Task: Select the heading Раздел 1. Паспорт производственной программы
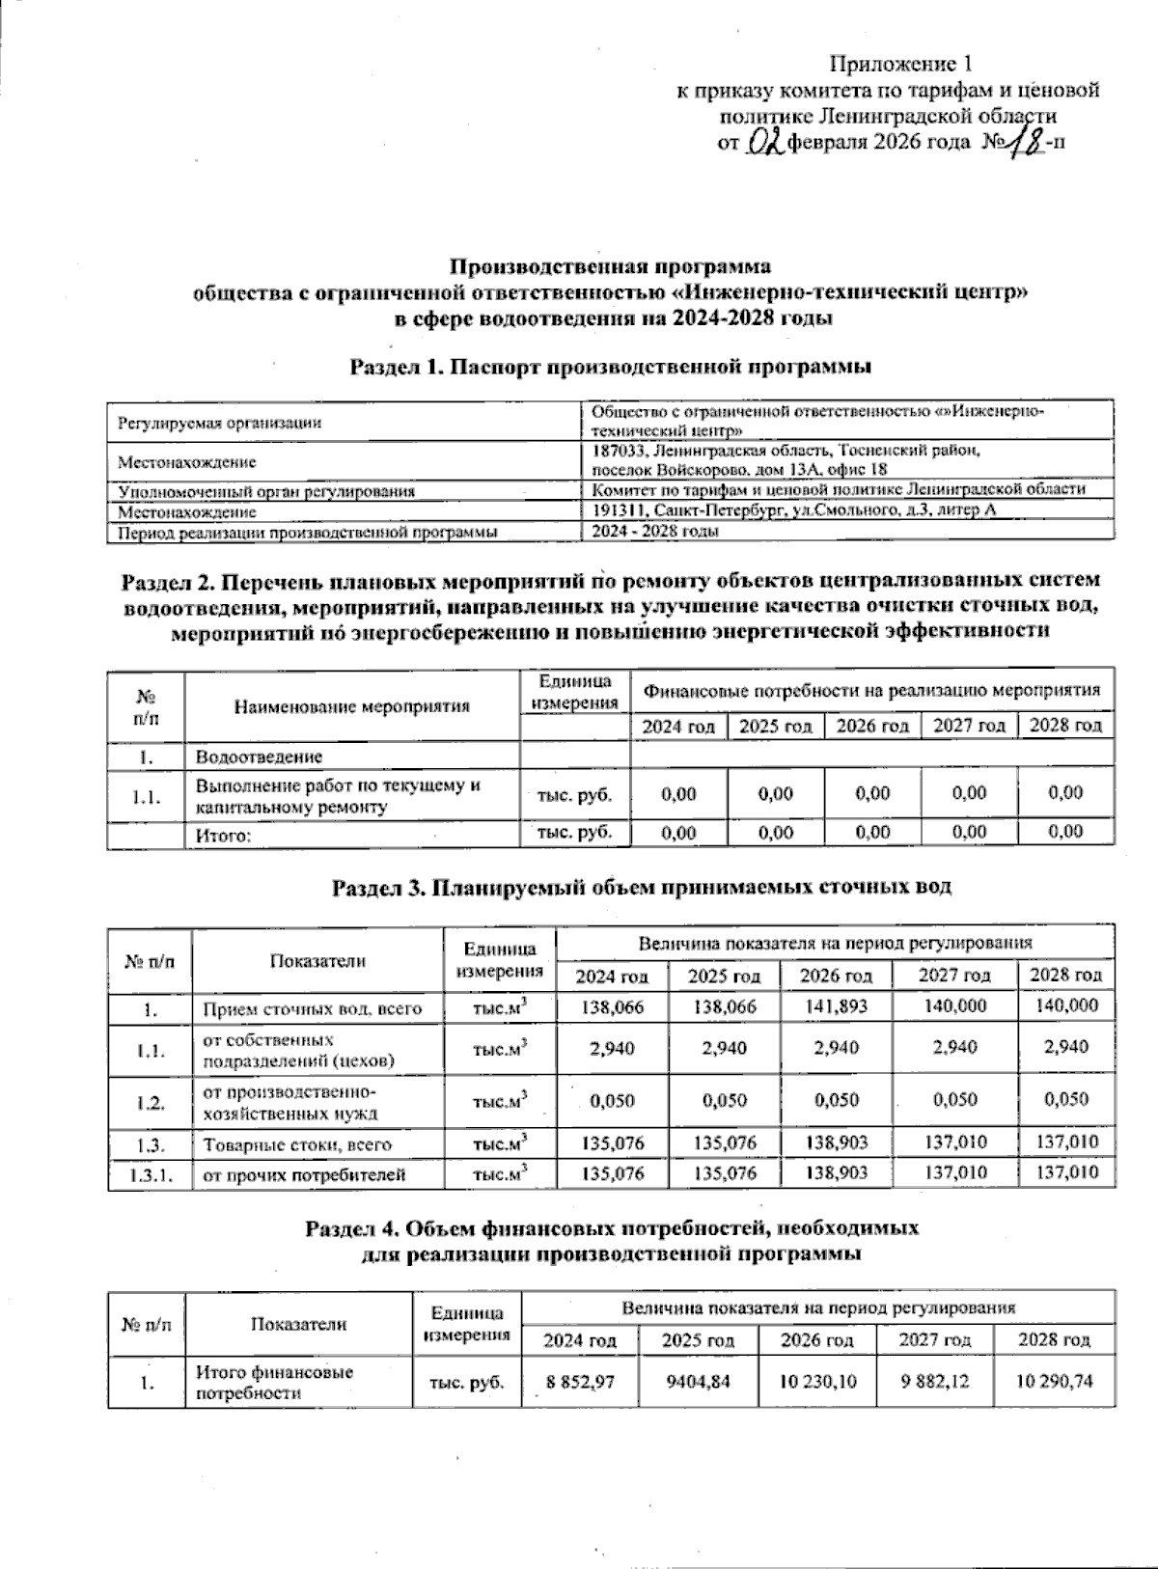(x=611, y=367)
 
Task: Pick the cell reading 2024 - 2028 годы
(x=654, y=532)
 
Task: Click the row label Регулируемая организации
(x=219, y=423)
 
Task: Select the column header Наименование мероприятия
(x=351, y=705)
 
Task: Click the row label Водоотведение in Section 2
(x=259, y=757)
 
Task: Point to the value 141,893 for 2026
(x=835, y=1005)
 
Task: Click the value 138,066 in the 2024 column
(x=614, y=1005)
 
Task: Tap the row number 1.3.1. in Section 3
(x=149, y=1174)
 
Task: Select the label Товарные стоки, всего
(x=297, y=1144)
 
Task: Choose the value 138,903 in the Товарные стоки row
(x=835, y=1142)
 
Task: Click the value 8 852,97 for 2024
(x=580, y=1381)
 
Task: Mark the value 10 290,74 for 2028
(x=1055, y=1381)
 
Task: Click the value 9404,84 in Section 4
(x=698, y=1381)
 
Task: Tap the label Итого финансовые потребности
(x=274, y=1382)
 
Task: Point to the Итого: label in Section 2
(x=223, y=837)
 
